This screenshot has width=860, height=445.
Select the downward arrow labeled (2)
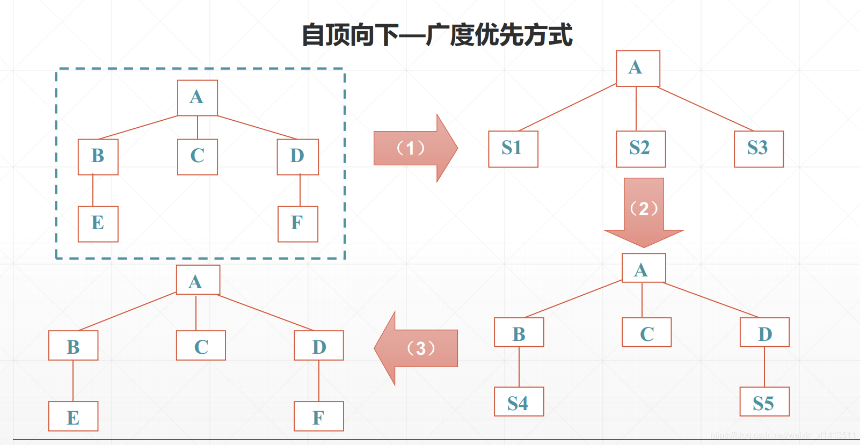pos(644,211)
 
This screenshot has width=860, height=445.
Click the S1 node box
pos(513,149)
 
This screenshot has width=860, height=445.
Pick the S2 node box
pos(640,149)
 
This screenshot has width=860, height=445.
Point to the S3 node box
pos(759,149)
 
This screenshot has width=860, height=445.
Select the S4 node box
pos(519,402)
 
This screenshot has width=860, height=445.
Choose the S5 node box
pos(764,402)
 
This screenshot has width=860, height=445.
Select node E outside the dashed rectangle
pos(73,416)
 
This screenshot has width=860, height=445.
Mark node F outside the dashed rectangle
pos(318,416)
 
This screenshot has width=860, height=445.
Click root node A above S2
pos(638,68)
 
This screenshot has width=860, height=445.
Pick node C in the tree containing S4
pos(646,332)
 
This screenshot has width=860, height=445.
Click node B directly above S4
pos(519,332)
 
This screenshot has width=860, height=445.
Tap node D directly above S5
pos(764,332)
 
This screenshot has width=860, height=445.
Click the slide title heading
pos(437,35)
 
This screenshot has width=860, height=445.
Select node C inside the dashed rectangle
pos(197,157)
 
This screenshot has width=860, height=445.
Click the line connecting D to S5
pos(764,367)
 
